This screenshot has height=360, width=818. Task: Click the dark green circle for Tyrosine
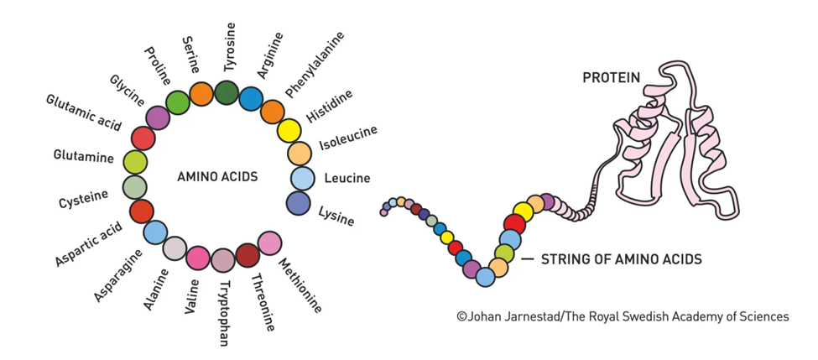tap(227, 92)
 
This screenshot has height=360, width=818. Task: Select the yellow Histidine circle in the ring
tap(289, 131)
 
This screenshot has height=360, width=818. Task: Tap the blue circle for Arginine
tap(251, 99)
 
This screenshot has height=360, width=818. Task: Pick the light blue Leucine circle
tap(302, 179)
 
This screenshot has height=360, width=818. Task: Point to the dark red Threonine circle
tap(247, 254)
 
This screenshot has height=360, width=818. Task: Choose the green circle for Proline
tap(178, 102)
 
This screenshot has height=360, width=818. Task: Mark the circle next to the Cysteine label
tap(134, 187)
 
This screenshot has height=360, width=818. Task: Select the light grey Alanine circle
tap(174, 248)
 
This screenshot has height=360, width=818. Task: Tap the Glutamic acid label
tap(84, 113)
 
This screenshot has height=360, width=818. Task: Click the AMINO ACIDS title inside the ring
tap(217, 177)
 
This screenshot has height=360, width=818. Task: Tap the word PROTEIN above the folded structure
tap(612, 78)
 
